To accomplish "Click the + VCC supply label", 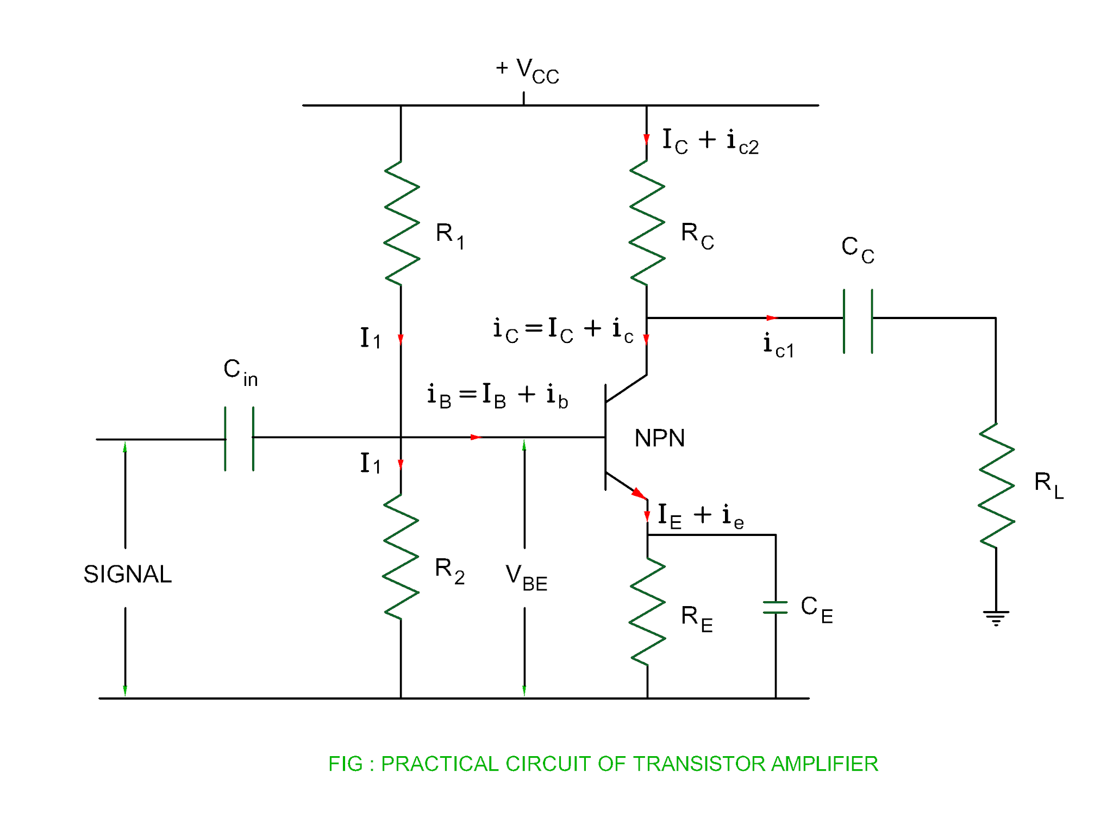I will point(527,71).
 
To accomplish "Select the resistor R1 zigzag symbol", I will point(401,223).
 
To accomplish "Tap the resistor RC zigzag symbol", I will point(647,223).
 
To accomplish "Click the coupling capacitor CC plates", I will point(858,321).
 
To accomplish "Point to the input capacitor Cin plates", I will point(239,438).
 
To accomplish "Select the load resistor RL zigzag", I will point(996,485).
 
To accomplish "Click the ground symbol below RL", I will point(996,618).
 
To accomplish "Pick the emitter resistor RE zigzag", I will point(647,612).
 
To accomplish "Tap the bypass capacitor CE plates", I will point(775,607).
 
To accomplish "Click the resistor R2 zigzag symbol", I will point(401,557).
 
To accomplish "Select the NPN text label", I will point(659,438).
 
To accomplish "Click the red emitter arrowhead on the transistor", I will point(640,494).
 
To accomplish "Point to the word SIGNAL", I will point(127,574).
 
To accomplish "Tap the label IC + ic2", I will point(710,141).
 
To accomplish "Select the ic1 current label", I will point(778,346).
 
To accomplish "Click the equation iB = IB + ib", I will point(497,395).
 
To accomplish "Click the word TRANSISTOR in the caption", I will point(701,764).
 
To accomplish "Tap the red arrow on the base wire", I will point(476,437).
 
